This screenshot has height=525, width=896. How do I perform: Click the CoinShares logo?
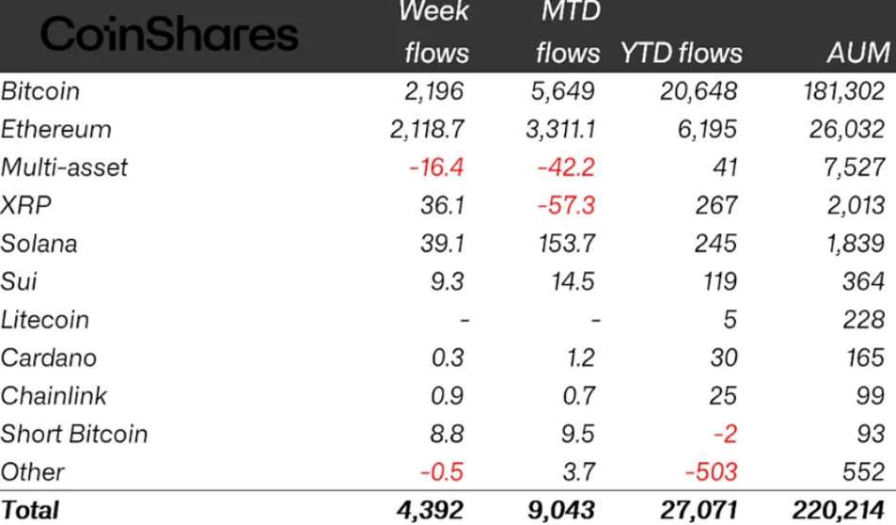pos(169,36)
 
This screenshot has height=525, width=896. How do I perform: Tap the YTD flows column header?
pos(681,53)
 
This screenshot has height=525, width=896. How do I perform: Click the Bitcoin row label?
pos(40,91)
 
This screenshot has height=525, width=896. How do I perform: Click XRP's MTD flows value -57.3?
pos(567,206)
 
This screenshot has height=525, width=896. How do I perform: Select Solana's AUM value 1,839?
pos(853,244)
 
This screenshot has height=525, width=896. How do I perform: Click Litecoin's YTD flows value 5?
pos(730,320)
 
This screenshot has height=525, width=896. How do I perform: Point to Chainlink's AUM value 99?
pos(870,396)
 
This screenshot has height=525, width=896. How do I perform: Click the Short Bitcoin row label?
pos(74,434)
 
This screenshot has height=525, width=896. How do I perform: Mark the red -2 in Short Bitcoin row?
pos(724,434)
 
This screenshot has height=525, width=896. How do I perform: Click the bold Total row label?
pos(30,510)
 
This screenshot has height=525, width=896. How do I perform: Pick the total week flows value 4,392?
pos(433,510)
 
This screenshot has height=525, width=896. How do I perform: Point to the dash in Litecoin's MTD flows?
pos(594,320)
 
